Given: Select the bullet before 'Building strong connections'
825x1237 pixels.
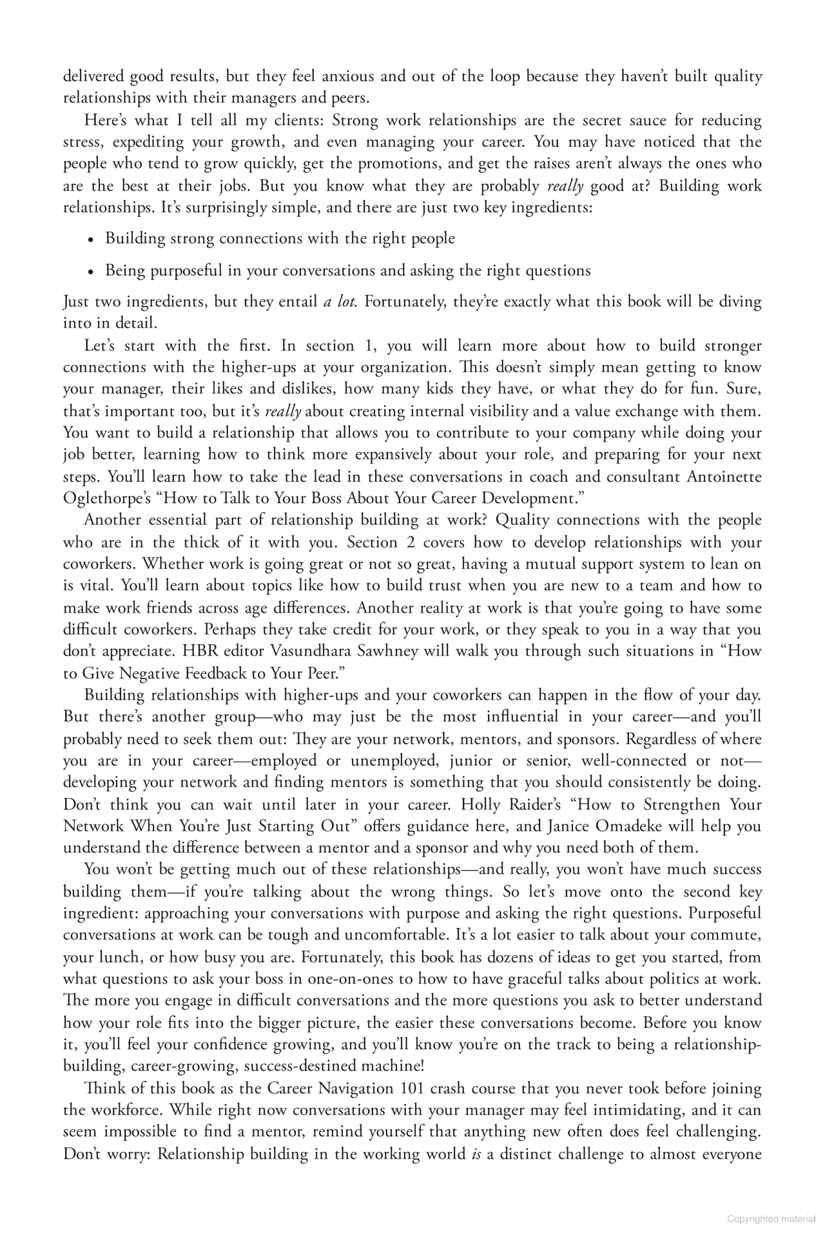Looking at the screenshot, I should (x=92, y=240).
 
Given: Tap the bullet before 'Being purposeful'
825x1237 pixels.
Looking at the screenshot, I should (x=92, y=272).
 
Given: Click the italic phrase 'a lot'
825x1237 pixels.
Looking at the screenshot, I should (x=340, y=302).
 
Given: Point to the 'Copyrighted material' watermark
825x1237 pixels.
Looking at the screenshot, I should (x=771, y=1219).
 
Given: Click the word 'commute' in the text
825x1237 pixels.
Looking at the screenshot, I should (x=732, y=935).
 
